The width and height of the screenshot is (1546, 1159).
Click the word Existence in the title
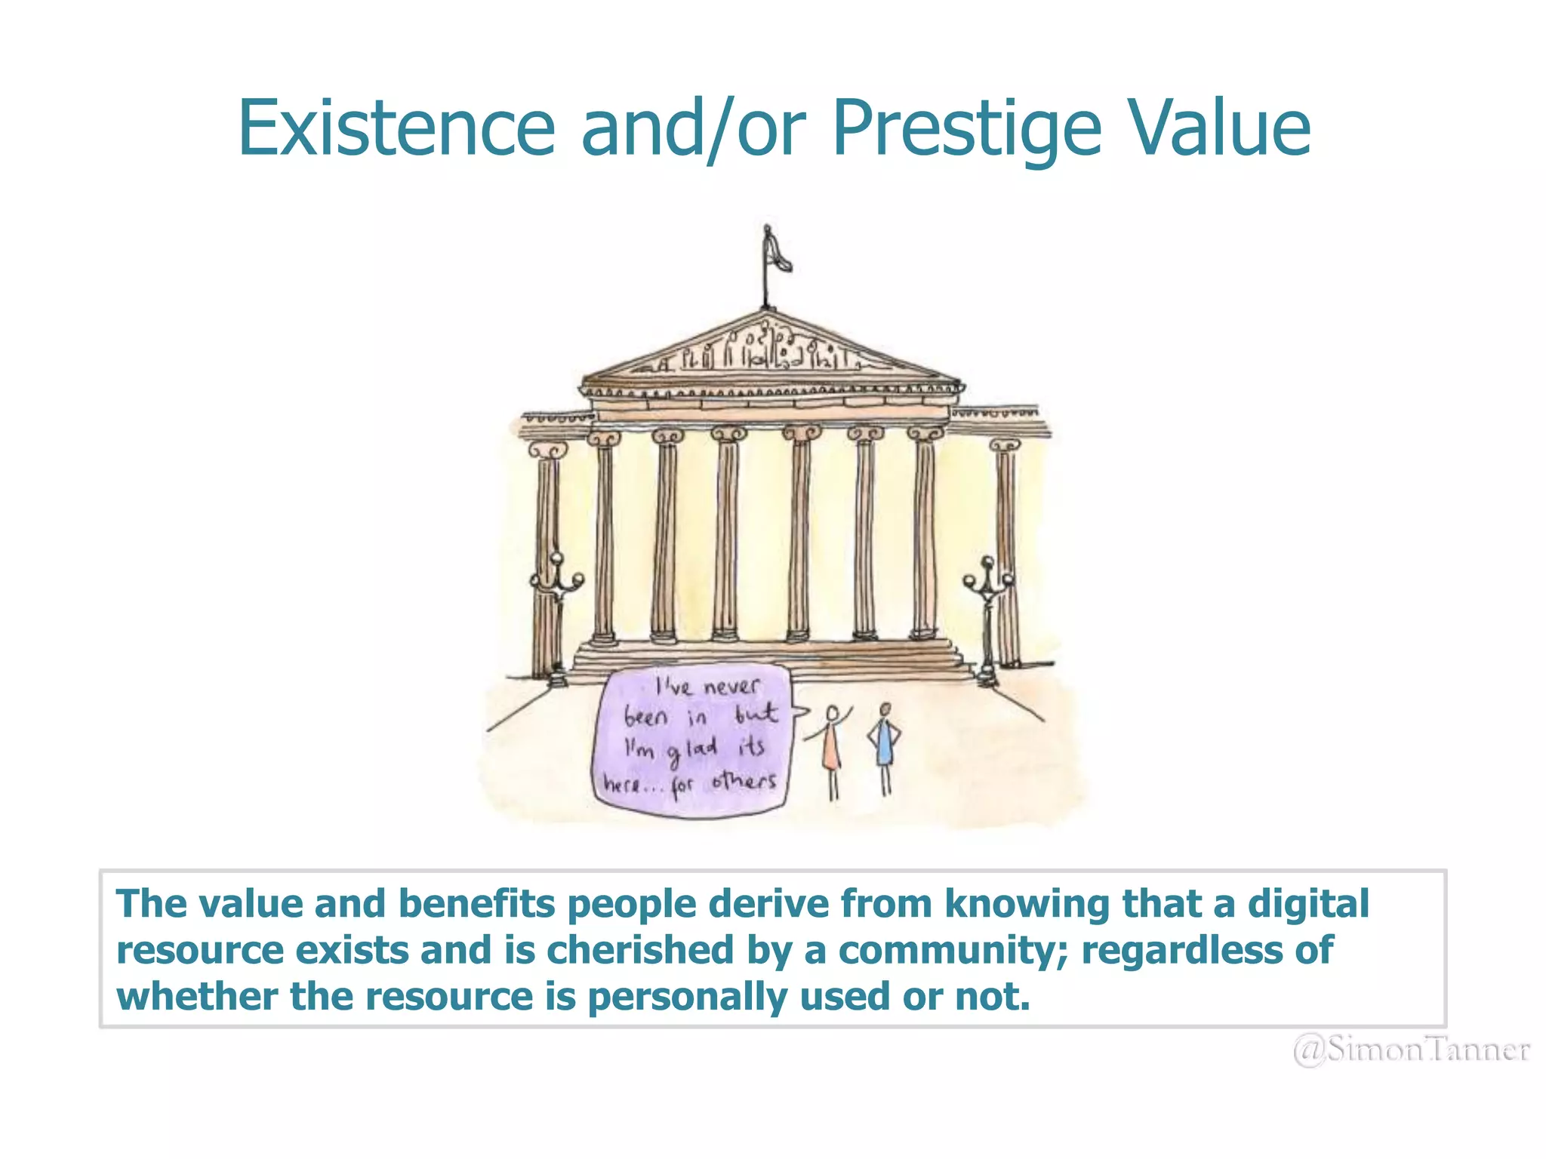(x=396, y=128)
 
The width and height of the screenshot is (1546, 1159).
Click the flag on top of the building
(x=776, y=253)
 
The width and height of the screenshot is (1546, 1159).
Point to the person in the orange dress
(x=831, y=747)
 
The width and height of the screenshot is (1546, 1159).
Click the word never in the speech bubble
(x=731, y=687)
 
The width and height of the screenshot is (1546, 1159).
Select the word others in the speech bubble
(x=744, y=781)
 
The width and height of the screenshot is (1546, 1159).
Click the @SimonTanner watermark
(x=1412, y=1050)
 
